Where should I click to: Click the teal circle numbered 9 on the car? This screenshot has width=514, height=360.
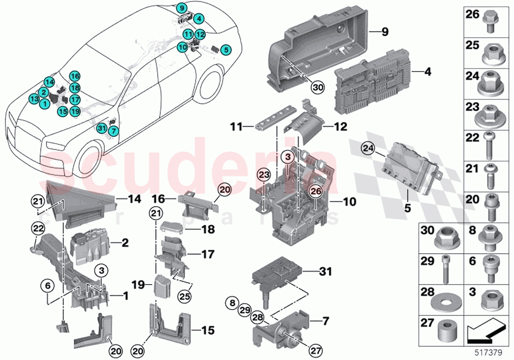(182, 8)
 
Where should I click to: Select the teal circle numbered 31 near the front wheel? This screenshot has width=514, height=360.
(101, 128)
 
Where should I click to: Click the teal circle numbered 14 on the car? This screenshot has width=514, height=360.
(48, 82)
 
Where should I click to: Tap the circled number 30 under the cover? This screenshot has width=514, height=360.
(318, 87)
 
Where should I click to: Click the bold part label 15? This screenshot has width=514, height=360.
(208, 331)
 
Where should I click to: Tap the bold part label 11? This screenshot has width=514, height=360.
(236, 126)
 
